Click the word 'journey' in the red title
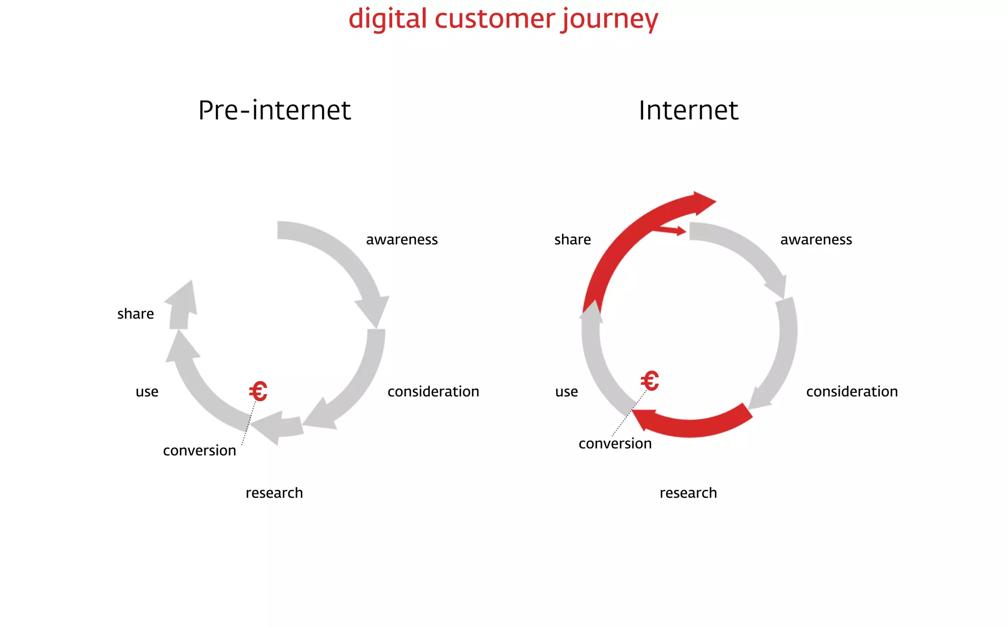tap(610, 20)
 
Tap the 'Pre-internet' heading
tap(274, 110)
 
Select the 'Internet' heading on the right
tap(688, 110)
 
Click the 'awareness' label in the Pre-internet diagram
tap(402, 240)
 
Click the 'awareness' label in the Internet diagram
tap(816, 240)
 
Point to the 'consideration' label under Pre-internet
tap(433, 392)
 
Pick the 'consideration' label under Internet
tap(852, 392)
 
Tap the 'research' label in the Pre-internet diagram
tap(274, 493)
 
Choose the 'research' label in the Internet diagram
tap(688, 493)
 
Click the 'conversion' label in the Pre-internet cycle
tap(200, 451)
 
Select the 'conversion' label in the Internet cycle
tap(615, 444)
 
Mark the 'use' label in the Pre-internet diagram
tap(147, 392)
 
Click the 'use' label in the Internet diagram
tap(566, 392)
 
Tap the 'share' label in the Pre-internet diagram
tap(136, 314)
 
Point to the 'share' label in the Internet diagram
tap(572, 240)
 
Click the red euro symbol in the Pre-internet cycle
tap(258, 392)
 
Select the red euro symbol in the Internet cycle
tap(650, 381)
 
